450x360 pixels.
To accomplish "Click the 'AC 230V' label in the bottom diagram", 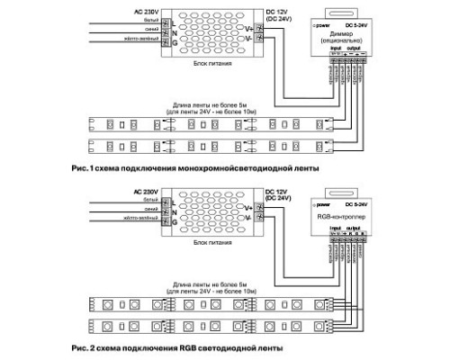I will click(x=121, y=191).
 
